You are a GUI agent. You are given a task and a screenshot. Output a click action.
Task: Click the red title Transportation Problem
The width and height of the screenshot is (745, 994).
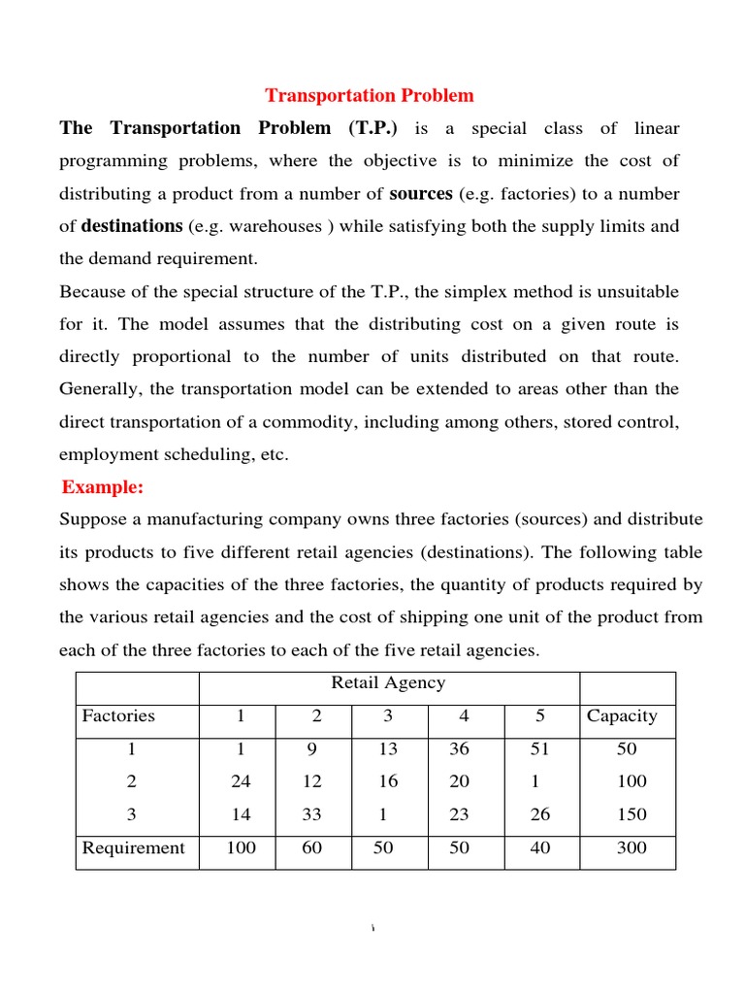pyautogui.click(x=370, y=95)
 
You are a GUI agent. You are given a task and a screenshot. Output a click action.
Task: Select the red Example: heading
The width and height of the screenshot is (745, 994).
pyautogui.click(x=102, y=486)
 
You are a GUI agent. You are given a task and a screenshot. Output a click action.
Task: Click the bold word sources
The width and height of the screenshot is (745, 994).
pyautogui.click(x=421, y=193)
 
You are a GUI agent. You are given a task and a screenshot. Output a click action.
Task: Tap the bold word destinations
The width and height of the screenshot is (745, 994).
pyautogui.click(x=132, y=226)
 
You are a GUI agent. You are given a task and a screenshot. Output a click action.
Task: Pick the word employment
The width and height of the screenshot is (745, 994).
pyautogui.click(x=108, y=454)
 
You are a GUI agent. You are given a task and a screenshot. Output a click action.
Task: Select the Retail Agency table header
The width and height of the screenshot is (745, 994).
pyautogui.click(x=388, y=682)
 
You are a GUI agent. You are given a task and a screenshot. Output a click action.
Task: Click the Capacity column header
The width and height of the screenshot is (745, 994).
pyautogui.click(x=622, y=716)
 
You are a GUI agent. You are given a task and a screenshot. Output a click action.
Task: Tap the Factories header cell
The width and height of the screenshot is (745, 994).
pyautogui.click(x=118, y=716)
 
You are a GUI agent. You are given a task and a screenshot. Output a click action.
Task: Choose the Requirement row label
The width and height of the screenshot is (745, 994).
pyautogui.click(x=133, y=847)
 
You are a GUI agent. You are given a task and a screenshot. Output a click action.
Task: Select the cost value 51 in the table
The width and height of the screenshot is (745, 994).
pyautogui.click(x=539, y=749)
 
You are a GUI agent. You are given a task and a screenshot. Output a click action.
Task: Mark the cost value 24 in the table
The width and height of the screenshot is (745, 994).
pyautogui.click(x=241, y=781)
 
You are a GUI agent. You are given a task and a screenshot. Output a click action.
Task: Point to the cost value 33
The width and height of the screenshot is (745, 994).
pyautogui.click(x=311, y=814)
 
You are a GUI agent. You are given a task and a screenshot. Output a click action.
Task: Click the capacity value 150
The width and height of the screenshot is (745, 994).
pyautogui.click(x=631, y=814)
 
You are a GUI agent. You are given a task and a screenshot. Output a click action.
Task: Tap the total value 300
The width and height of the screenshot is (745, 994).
pyautogui.click(x=631, y=847)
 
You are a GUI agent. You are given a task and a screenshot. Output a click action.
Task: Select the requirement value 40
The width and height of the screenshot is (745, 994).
pyautogui.click(x=539, y=847)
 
